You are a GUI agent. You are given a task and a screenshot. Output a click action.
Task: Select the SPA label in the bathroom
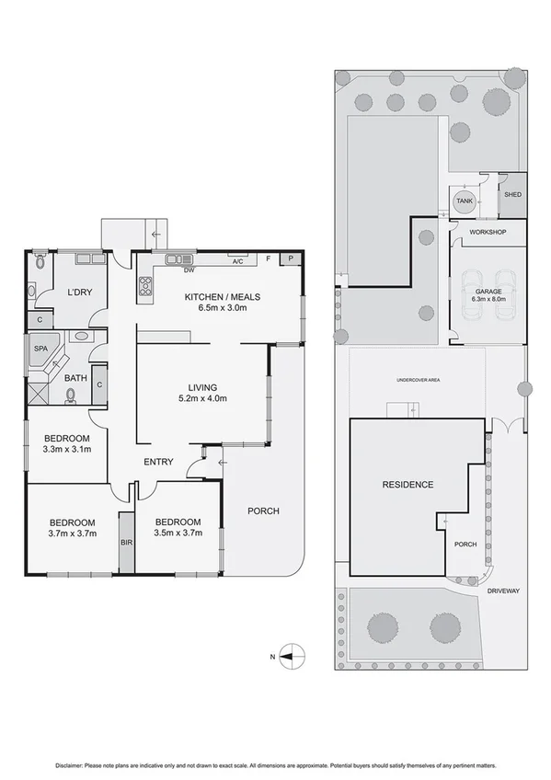(40, 350)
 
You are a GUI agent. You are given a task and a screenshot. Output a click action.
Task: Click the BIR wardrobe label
(125, 543)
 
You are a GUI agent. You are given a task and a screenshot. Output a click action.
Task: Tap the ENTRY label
(157, 462)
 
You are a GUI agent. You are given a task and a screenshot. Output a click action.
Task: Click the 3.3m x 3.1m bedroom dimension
(66, 450)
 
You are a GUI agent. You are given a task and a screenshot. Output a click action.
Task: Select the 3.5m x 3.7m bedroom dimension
(178, 533)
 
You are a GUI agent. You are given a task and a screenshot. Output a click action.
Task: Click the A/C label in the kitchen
(237, 262)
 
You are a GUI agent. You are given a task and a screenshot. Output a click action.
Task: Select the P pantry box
(291, 260)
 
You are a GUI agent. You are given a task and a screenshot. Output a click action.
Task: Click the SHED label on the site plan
(511, 195)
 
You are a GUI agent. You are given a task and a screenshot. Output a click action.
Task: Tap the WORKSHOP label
(488, 232)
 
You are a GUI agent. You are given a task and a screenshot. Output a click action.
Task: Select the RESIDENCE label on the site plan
(408, 484)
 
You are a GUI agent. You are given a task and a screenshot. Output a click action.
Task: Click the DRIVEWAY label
(504, 590)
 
